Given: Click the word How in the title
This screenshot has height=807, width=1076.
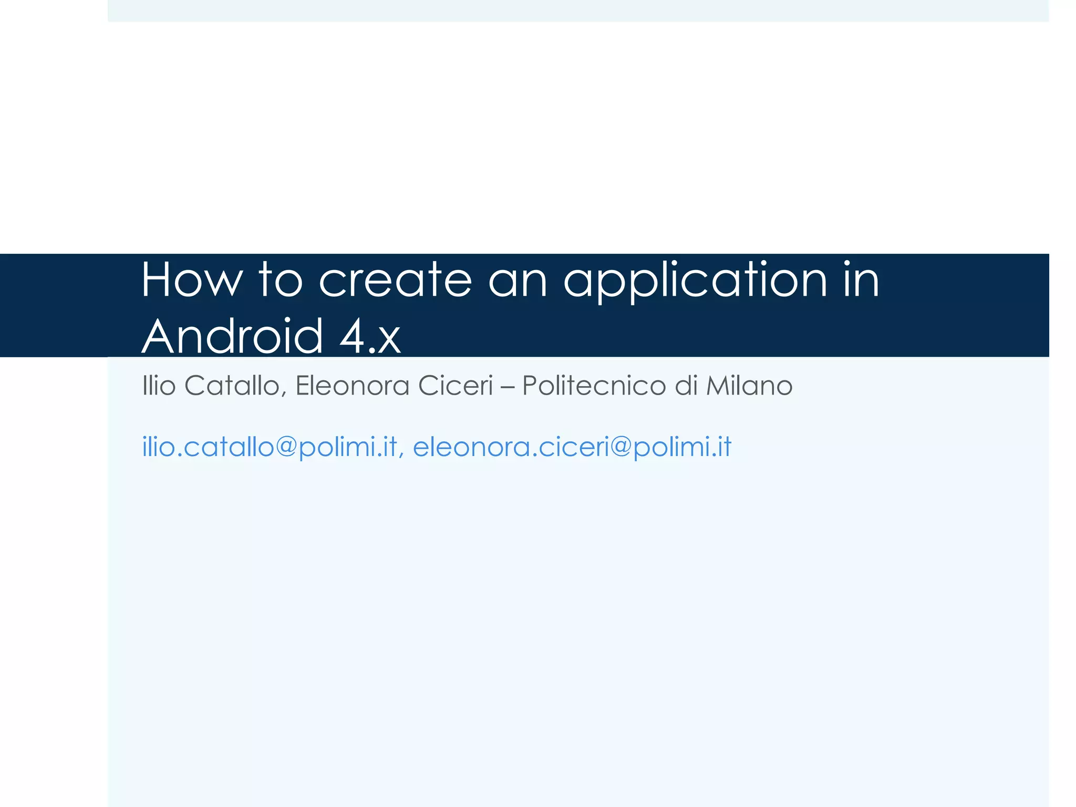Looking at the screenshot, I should pos(192,281).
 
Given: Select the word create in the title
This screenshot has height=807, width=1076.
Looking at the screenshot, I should pos(395,281).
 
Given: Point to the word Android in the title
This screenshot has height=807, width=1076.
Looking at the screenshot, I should pos(232,336).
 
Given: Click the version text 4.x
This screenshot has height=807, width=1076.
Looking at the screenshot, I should pos(370,336).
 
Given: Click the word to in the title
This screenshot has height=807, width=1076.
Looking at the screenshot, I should pos(281,281).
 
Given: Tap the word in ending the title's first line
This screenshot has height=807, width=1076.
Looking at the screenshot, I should pos(861,281).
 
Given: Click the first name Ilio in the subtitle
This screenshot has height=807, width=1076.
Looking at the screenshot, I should pos(159,386).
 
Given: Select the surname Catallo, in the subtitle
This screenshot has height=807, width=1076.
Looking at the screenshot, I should pos(235,387).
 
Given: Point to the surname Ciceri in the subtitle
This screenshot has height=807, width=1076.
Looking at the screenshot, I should pos(456,386).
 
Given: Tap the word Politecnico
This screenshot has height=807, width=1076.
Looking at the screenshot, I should pos(594,386).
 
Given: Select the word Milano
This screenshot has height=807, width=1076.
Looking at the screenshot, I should pos(749,386).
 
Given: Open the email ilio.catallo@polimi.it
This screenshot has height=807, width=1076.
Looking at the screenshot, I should pos(270,447).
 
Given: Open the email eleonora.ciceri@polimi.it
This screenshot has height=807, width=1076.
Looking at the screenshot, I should pos(572,447).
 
